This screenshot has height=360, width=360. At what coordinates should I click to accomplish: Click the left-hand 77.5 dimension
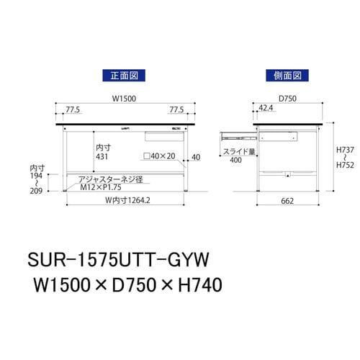tap(72, 110)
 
